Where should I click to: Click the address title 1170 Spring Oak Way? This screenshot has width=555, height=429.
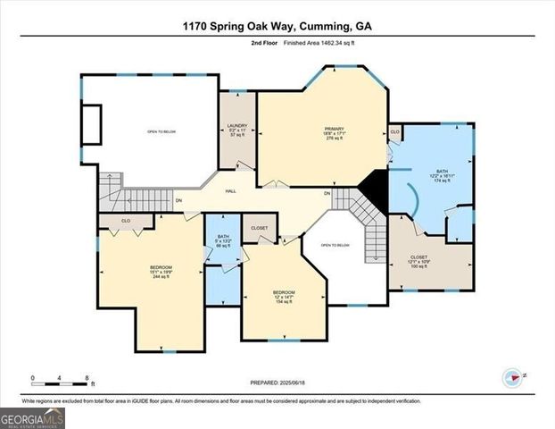coord(277,26)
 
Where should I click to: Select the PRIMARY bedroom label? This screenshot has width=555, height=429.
coord(334,133)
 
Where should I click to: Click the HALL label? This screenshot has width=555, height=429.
coord(230,191)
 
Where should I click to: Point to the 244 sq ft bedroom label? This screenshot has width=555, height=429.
coord(161,273)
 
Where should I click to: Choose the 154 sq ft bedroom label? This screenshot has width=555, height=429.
coord(284,297)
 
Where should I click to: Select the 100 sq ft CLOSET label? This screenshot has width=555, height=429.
coord(419,262)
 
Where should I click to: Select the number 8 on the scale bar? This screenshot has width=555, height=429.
coord(86,378)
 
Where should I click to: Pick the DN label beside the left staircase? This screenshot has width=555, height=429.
coord(179,200)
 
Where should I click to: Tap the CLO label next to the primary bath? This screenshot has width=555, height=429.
coord(394,132)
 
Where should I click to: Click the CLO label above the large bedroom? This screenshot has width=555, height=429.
coord(126,220)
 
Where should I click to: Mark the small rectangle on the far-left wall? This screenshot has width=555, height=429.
coord(91,120)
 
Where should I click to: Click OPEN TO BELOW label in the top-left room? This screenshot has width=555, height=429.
coord(160,132)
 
